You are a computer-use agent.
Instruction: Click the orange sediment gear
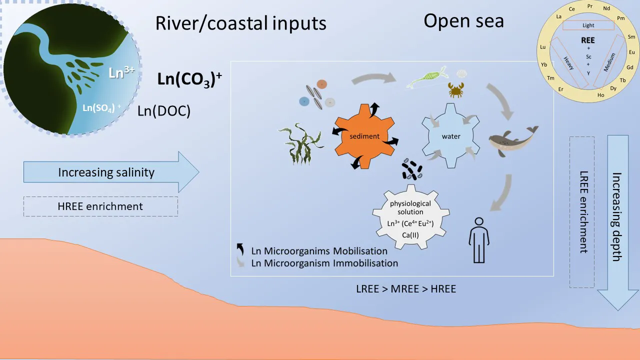(x=364, y=136)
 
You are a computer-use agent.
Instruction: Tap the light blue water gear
(x=450, y=136)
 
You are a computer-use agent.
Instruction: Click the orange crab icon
(x=455, y=90)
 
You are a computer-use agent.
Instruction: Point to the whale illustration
(x=513, y=142)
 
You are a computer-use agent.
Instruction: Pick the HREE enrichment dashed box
(x=100, y=206)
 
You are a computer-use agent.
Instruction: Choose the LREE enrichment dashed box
(x=582, y=211)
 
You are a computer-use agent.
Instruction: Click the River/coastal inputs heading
(x=240, y=23)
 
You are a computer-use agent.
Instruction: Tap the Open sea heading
(x=463, y=21)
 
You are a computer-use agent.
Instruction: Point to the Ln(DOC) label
(x=164, y=111)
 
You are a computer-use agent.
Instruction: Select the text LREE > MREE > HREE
(x=405, y=288)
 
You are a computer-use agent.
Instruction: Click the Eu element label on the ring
(x=631, y=52)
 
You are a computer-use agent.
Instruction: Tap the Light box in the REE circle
(x=588, y=25)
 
